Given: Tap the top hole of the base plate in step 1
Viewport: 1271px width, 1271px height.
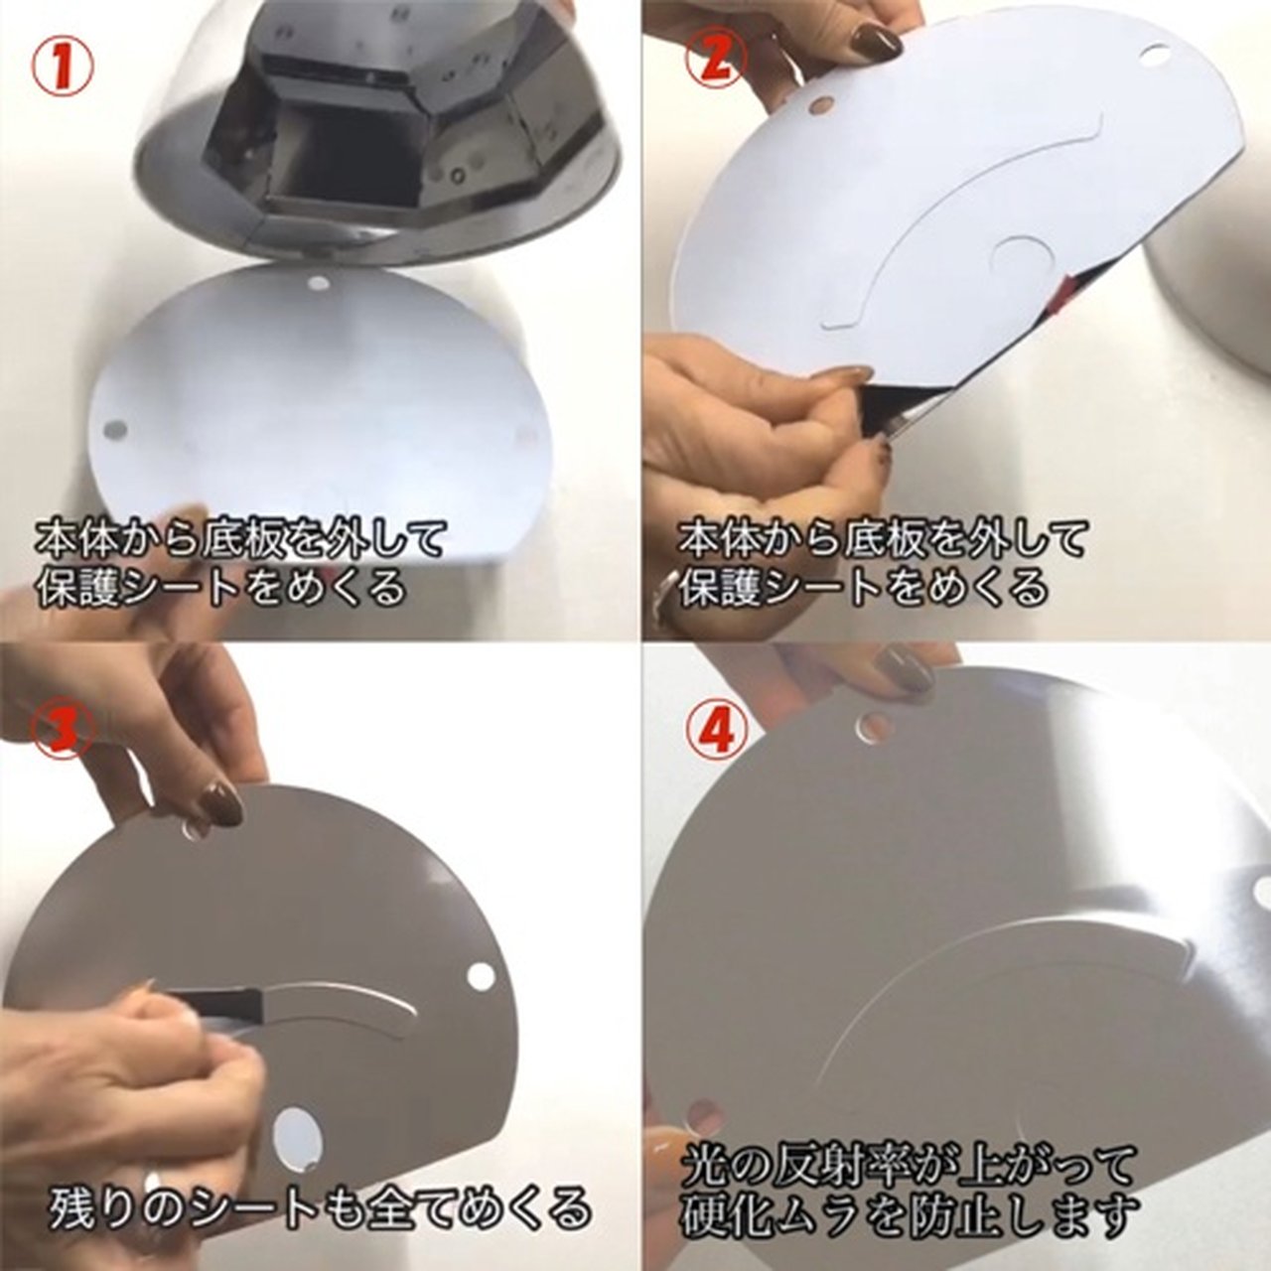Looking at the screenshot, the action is tap(320, 284).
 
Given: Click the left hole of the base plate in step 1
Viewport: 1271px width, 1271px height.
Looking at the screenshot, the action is tap(118, 431).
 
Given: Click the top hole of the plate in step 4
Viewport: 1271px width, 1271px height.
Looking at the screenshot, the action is tap(873, 728).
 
